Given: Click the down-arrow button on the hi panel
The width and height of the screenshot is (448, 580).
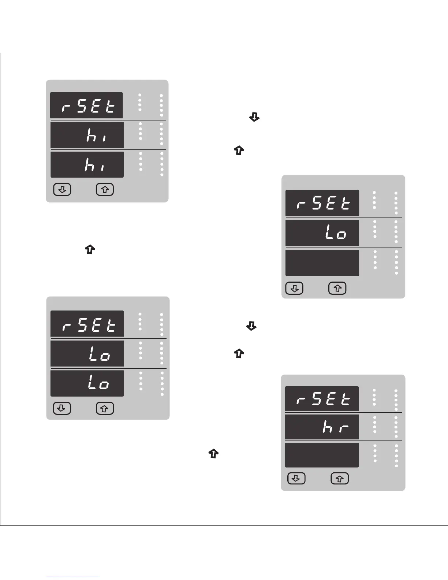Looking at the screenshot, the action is [62, 190].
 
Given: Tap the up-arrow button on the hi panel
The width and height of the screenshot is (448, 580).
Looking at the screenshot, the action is [105, 190].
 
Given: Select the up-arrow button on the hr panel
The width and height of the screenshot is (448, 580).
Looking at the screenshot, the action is [340, 479].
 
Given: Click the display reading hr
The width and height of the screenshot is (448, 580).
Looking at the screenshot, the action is [322, 427].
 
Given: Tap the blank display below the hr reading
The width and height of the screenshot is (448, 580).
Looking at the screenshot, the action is [322, 455].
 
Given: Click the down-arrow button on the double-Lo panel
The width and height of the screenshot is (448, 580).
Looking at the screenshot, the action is [61, 408].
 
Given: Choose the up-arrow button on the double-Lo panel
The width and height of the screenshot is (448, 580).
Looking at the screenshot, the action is [105, 408].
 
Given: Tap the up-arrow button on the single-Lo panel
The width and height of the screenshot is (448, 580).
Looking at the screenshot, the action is [337, 289].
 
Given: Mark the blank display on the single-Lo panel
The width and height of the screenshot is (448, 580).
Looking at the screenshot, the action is [322, 263].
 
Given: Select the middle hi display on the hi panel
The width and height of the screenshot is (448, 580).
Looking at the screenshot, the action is [87, 135].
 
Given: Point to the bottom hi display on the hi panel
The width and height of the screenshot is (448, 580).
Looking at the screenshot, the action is [87, 165].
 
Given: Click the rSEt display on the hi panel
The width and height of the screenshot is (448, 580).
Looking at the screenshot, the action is [86, 105].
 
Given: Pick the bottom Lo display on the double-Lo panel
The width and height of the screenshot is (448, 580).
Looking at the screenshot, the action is [87, 383].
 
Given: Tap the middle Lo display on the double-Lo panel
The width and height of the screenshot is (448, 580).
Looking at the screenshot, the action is [87, 354].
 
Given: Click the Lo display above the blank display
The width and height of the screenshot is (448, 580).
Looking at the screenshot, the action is [322, 233].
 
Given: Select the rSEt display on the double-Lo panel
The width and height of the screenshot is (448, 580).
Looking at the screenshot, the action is [87, 324].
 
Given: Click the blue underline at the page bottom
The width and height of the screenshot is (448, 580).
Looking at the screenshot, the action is [73, 577].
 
